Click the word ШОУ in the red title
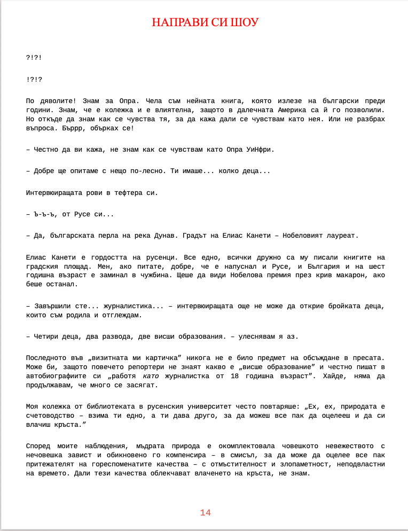(x=246, y=22)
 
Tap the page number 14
(x=206, y=513)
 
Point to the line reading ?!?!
(x=34, y=57)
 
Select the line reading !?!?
(x=34, y=79)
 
